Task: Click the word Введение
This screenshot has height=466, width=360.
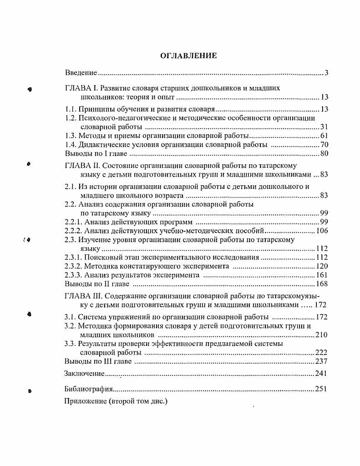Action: (81, 73)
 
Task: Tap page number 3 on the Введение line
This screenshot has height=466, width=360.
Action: (327, 73)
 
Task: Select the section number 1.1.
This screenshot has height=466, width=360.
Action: (70, 109)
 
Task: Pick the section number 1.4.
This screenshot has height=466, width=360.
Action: (70, 144)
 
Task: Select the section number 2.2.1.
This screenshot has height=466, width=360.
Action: (74, 222)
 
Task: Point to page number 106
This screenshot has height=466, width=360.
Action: (322, 231)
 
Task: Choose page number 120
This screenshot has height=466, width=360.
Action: (322, 266)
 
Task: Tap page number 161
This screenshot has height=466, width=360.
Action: (322, 275)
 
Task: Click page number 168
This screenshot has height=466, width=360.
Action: (322, 284)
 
